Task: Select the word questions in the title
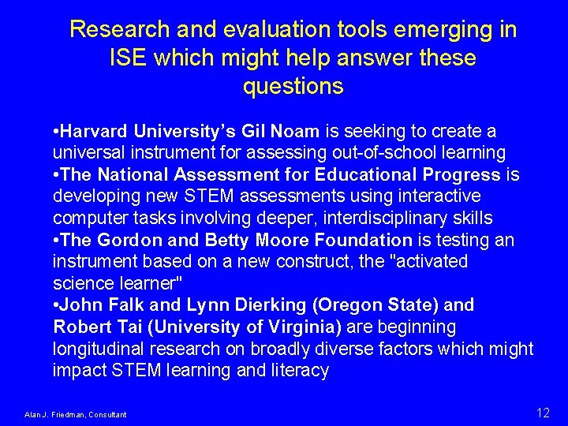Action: click(293, 87)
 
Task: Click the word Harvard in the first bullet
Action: click(95, 130)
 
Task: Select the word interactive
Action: click(443, 196)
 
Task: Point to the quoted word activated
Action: click(429, 261)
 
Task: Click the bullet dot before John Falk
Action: click(56, 305)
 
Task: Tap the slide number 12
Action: click(543, 413)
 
